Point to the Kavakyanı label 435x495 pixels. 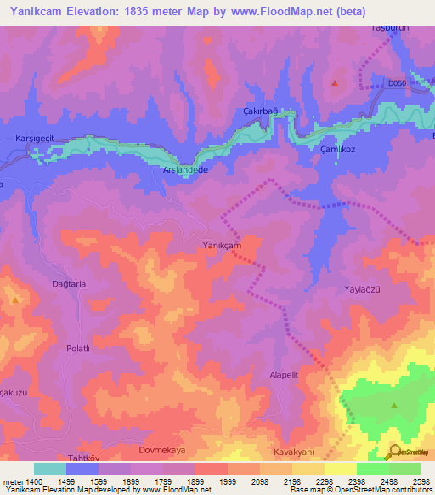pos(295,451)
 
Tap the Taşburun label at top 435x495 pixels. pos(390,28)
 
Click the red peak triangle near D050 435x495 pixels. pos(335,83)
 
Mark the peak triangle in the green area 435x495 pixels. pos(394,405)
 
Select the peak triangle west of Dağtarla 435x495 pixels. pos(15,300)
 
